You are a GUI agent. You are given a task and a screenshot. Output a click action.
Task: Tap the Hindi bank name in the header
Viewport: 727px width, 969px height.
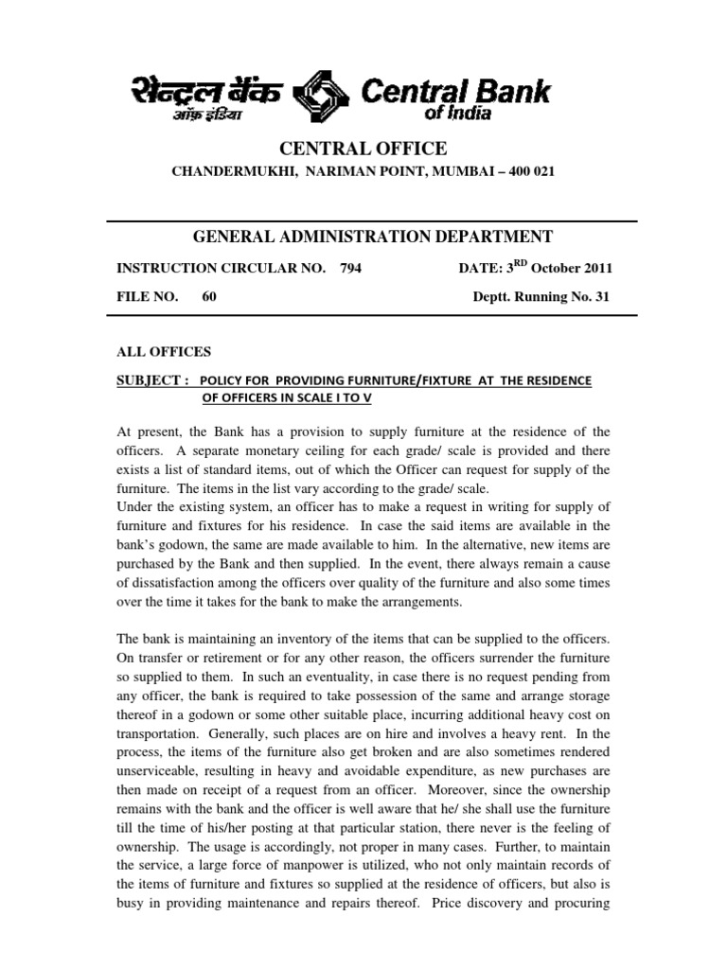point(207,96)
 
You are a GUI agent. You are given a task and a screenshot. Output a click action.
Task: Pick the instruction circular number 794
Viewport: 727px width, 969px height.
point(349,268)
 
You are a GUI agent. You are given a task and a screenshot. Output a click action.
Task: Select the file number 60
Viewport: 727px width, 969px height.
point(209,296)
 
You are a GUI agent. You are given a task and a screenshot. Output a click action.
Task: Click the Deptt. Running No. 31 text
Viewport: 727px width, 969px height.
point(541,296)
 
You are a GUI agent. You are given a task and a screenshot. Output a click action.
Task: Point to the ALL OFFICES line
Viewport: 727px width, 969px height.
point(163,351)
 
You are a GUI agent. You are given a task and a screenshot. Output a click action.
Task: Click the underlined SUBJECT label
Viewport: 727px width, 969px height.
point(151,379)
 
